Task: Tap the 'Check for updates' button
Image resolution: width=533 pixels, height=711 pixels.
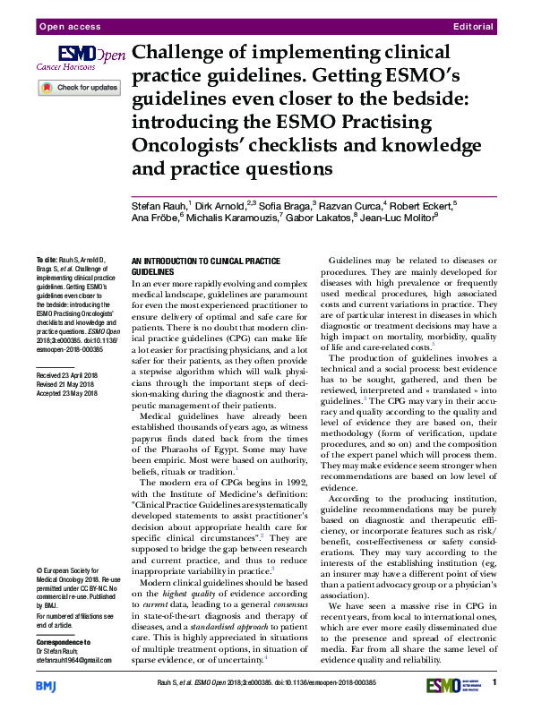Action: (79, 88)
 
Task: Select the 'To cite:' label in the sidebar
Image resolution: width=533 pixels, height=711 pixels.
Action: (47, 257)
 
